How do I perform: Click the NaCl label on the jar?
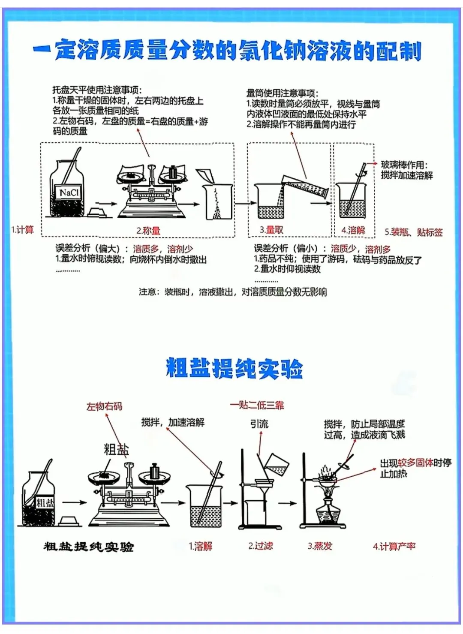pyautogui.click(x=69, y=192)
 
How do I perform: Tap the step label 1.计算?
pyautogui.click(x=22, y=230)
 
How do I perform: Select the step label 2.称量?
pyautogui.click(x=148, y=231)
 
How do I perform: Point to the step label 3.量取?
pyautogui.click(x=271, y=230)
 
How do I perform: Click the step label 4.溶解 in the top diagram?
pyautogui.click(x=353, y=230)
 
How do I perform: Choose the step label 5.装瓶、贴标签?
pyautogui.click(x=413, y=232)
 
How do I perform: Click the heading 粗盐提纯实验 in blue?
pyautogui.click(x=234, y=369)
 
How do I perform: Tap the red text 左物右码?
pyautogui.click(x=104, y=406)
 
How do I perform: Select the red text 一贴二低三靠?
pyautogui.click(x=257, y=405)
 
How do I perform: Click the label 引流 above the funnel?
pyautogui.click(x=259, y=424)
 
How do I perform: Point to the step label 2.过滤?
pyautogui.click(x=261, y=546)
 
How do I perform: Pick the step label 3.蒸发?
pyautogui.click(x=320, y=546)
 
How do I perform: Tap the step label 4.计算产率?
pyautogui.click(x=394, y=546)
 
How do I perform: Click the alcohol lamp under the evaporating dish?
pyautogui.click(x=329, y=512)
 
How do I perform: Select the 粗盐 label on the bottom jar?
pyautogui.click(x=45, y=502)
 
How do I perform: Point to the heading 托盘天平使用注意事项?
pyautogui.click(x=97, y=90)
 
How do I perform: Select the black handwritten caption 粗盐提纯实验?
pyautogui.click(x=89, y=547)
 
